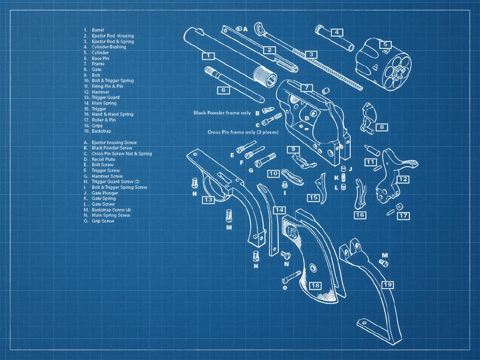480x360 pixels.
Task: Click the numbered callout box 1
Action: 208,55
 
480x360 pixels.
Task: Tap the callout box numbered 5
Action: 385,45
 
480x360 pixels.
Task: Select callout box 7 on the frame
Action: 306,87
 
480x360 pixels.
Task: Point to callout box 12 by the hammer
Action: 403,179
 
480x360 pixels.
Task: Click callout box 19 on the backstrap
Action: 387,284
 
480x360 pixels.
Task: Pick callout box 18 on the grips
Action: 316,285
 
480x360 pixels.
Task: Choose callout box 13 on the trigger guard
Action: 208,199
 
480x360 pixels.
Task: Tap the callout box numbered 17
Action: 404,216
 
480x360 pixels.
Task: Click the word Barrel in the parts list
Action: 97,30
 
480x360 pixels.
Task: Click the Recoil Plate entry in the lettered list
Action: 103,159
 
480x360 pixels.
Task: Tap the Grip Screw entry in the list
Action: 103,221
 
